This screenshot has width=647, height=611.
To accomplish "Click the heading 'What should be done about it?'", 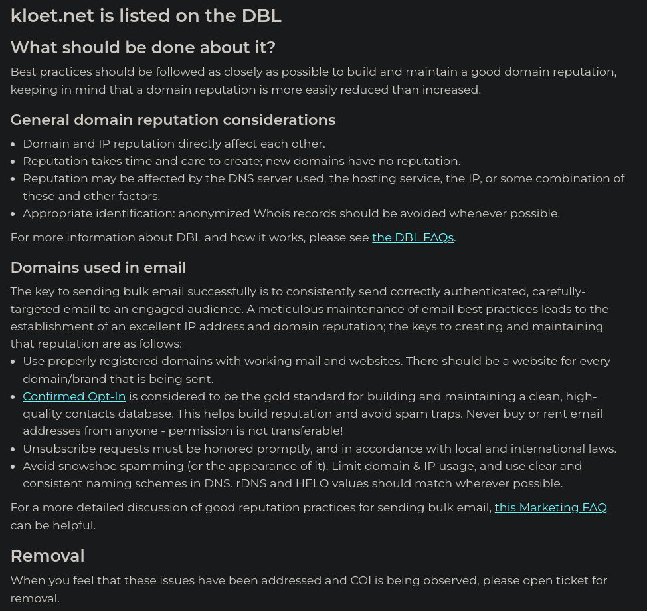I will click(143, 47).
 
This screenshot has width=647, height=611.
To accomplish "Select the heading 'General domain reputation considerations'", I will click(173, 120).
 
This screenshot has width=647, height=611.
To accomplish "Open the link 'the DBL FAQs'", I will click(413, 237).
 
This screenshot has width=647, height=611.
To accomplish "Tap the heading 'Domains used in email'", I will click(98, 267).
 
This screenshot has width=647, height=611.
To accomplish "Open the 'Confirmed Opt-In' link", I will click(74, 396).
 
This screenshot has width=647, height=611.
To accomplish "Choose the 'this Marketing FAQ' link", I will click(551, 507).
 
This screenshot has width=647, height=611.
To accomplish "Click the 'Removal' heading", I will click(47, 556).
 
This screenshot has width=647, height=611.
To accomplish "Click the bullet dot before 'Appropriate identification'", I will click(14, 213).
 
